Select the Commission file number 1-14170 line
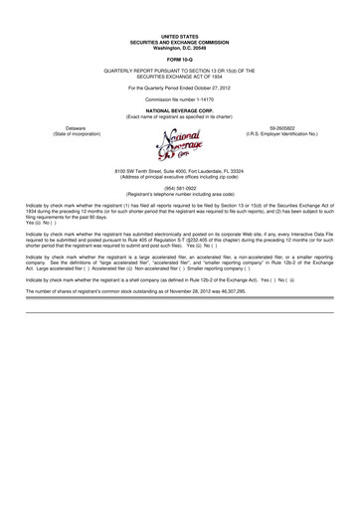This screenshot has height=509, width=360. point(180,99)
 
